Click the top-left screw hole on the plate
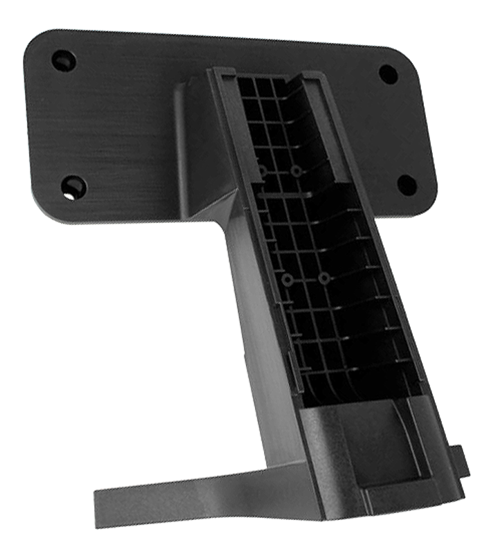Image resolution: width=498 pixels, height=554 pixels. coord(63,60)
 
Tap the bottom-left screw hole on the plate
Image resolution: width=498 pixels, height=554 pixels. coord(73,186)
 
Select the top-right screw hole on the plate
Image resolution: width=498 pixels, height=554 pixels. coord(389,74)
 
